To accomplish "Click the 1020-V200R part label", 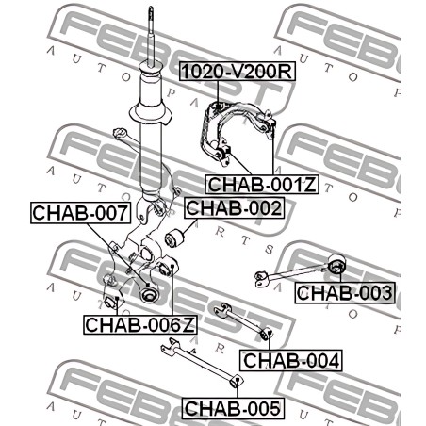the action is tap(238, 72).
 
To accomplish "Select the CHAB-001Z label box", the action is tap(262, 184).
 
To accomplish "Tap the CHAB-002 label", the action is tap(234, 207).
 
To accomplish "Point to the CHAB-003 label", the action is tap(345, 293).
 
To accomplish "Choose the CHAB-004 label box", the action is tap(291, 360).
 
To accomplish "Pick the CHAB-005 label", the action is tap(233, 408).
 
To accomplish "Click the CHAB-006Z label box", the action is tap(140, 324).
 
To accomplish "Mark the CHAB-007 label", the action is tap(81, 213).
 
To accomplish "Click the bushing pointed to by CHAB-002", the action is tap(175, 238).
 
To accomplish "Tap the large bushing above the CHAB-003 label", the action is tap(336, 263).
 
